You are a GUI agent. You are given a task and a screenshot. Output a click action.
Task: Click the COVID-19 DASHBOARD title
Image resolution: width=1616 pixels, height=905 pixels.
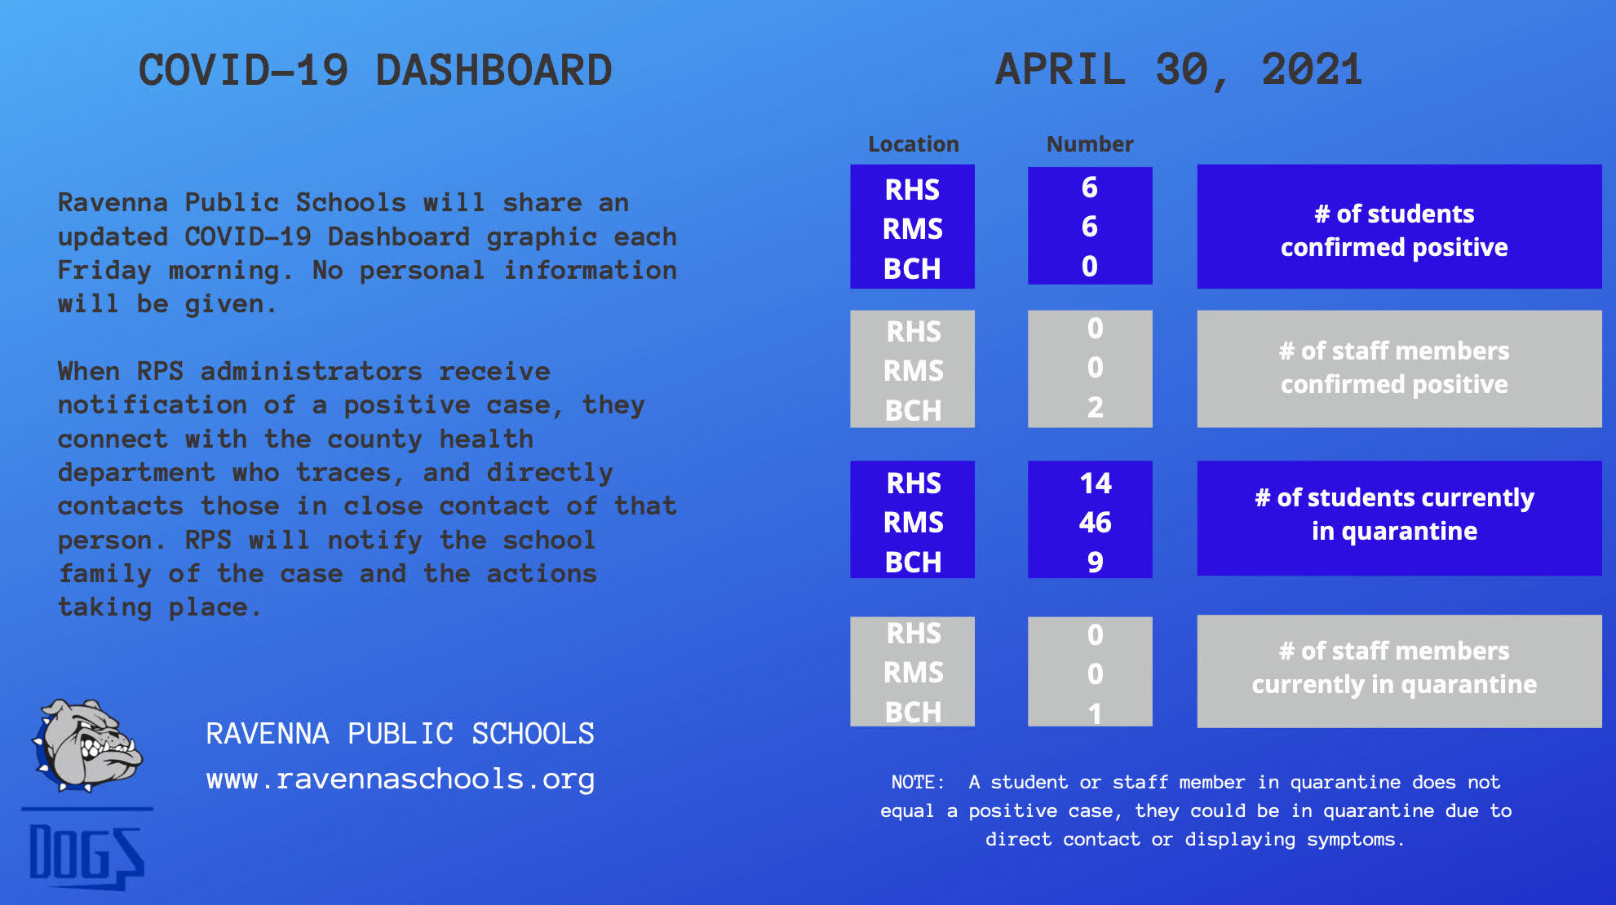(375, 70)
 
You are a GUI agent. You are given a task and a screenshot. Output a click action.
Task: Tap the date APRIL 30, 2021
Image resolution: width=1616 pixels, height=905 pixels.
(1179, 70)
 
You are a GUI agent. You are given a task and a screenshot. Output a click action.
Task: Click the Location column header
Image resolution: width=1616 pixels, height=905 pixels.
(913, 144)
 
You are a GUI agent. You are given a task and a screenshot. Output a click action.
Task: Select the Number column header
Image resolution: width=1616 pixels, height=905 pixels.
(1090, 144)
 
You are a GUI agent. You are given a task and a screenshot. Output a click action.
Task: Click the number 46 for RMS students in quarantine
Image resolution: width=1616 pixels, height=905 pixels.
(1095, 522)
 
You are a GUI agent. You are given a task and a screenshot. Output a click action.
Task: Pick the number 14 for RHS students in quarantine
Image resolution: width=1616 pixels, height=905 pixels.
(1095, 483)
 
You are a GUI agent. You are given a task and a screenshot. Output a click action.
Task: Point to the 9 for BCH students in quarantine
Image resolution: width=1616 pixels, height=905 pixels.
(1095, 562)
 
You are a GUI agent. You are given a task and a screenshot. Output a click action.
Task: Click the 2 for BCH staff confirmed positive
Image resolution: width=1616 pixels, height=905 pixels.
(1095, 407)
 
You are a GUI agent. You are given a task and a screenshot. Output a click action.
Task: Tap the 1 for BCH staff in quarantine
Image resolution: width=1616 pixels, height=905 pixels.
(1095, 713)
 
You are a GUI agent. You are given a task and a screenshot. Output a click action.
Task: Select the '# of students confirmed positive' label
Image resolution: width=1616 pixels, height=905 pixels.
(1394, 230)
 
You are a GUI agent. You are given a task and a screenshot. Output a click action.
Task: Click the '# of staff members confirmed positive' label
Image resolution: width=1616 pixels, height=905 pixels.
(1394, 367)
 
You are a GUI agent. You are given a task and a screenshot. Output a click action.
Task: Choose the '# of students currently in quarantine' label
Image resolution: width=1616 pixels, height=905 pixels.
(1394, 514)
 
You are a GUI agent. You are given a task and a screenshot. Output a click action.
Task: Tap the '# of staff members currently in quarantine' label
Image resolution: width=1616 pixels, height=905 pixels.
(1394, 667)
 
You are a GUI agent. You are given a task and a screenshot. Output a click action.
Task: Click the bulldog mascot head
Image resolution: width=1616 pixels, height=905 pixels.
(87, 744)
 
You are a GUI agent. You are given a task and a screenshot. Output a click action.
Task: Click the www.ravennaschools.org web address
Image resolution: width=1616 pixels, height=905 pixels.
(401, 779)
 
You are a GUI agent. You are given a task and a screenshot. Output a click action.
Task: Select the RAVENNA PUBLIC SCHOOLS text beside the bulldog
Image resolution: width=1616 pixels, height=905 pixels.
(400, 734)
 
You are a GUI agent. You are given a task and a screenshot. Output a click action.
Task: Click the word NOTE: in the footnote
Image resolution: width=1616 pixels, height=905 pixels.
(918, 782)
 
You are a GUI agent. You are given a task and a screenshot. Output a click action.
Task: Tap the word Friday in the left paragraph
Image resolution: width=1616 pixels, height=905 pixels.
(104, 271)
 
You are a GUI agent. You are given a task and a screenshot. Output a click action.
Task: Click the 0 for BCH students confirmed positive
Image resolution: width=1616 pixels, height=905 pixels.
(1089, 267)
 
